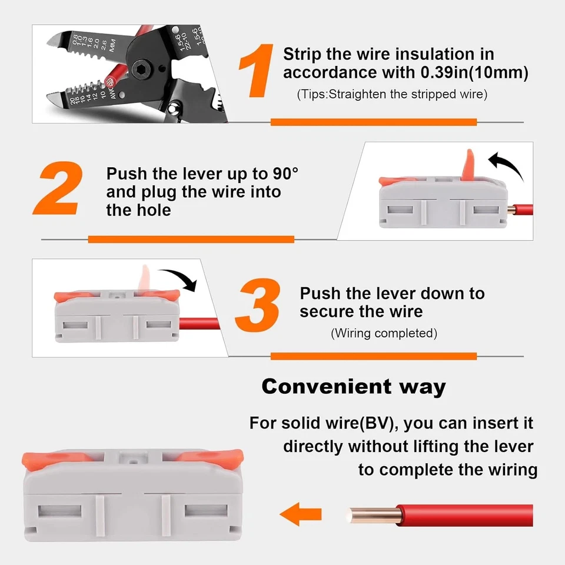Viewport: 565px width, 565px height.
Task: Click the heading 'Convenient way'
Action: tap(354, 387)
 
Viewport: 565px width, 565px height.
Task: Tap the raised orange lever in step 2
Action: tap(467, 165)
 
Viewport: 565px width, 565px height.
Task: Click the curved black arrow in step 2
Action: tap(508, 165)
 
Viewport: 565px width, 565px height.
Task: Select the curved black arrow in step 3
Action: tap(179, 278)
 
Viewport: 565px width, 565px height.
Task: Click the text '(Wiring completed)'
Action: tap(384, 333)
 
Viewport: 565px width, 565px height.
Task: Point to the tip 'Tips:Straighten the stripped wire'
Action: tap(392, 94)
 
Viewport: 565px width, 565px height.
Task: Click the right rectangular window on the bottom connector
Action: tap(205, 510)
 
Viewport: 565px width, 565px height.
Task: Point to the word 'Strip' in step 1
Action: tap(302, 54)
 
